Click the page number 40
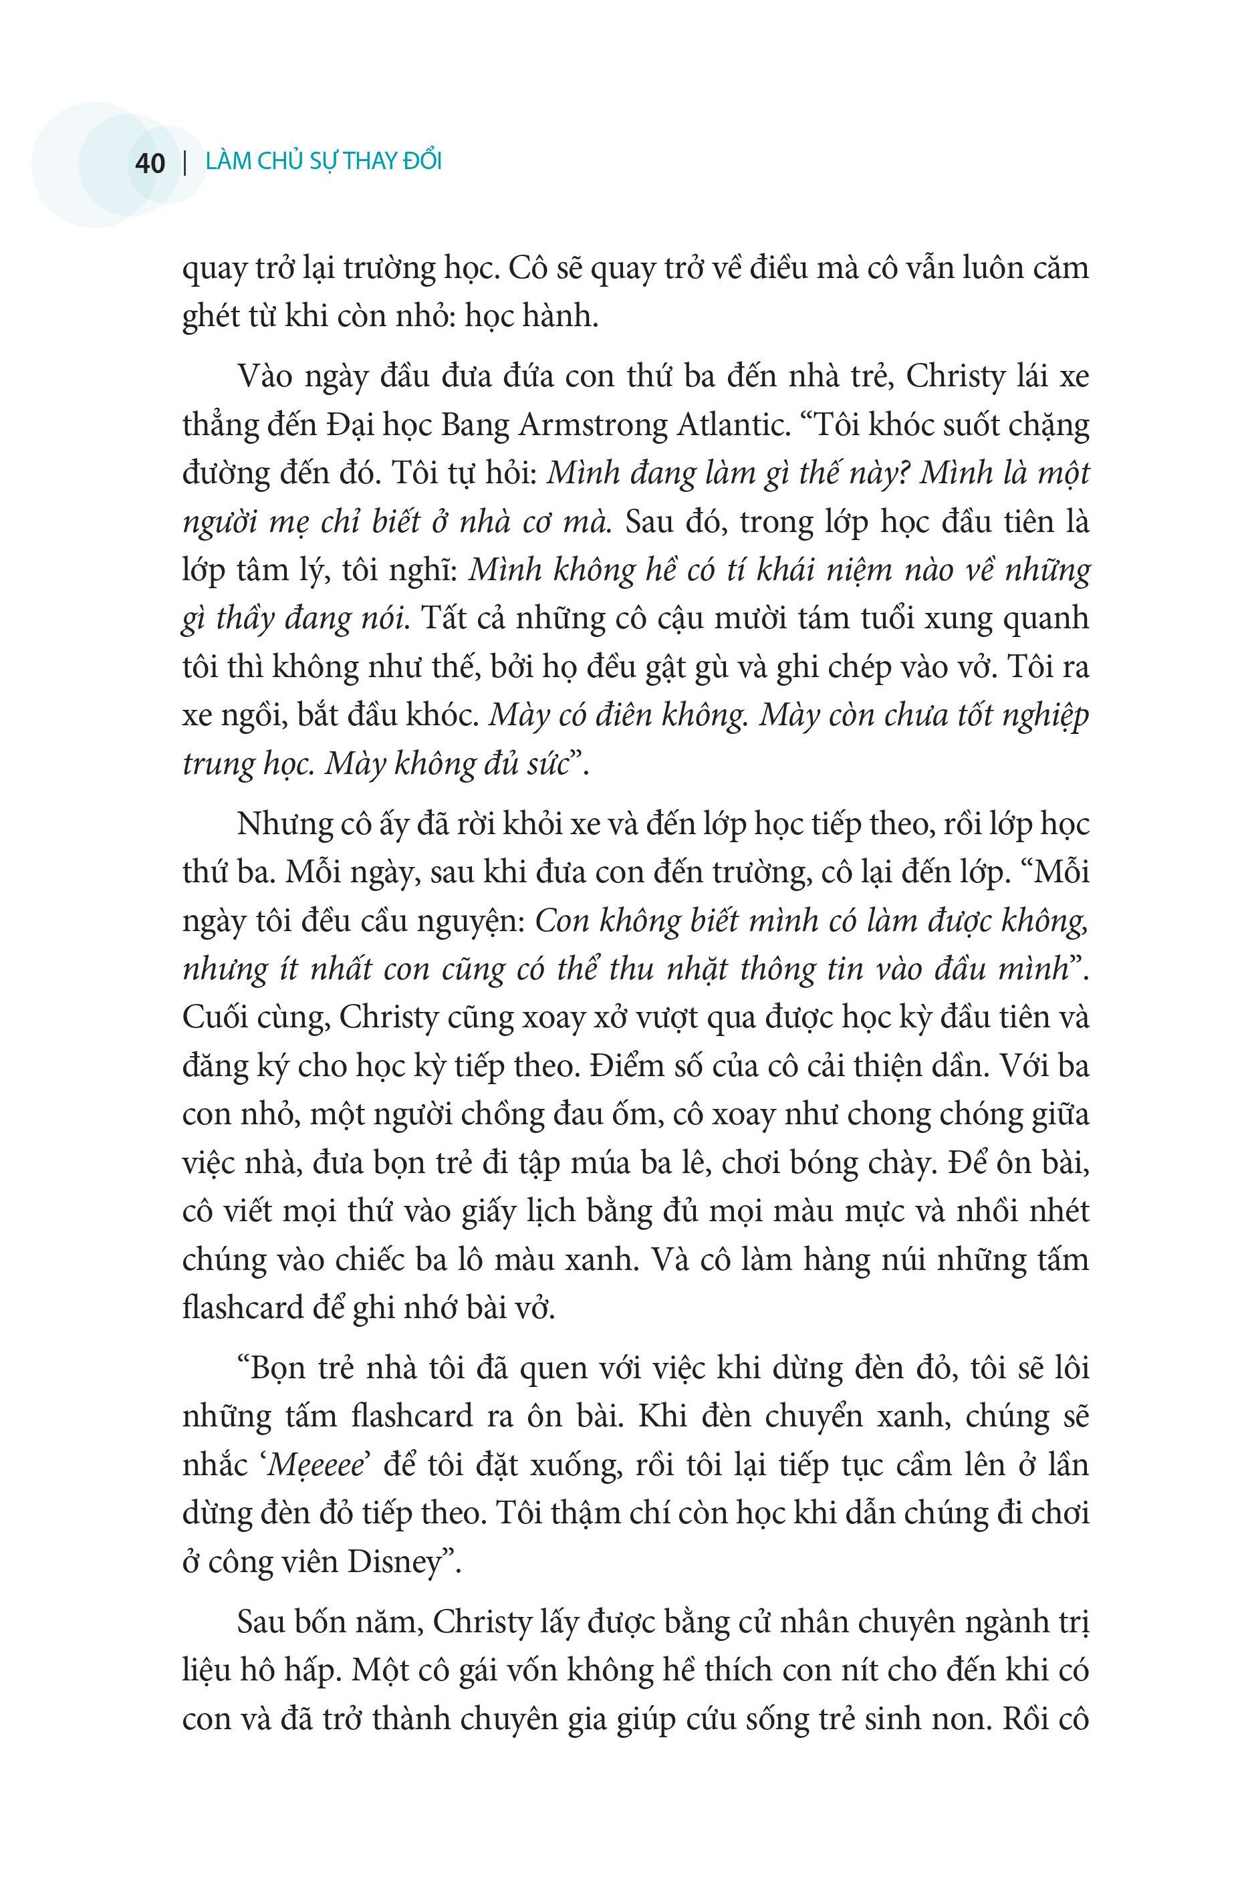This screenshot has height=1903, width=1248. [150, 163]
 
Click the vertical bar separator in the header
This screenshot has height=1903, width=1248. [185, 163]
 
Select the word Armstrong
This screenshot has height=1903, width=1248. [596, 426]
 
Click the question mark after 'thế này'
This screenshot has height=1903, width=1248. [907, 474]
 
